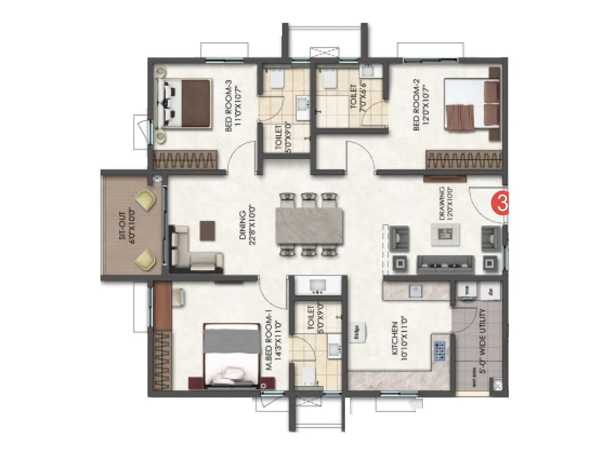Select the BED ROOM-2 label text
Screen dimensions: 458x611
421,105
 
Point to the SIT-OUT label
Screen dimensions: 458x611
128,225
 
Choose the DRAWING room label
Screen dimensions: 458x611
446,203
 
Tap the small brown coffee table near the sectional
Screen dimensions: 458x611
207,231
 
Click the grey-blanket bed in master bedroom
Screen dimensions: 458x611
231,355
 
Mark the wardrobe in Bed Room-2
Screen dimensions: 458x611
464,160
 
